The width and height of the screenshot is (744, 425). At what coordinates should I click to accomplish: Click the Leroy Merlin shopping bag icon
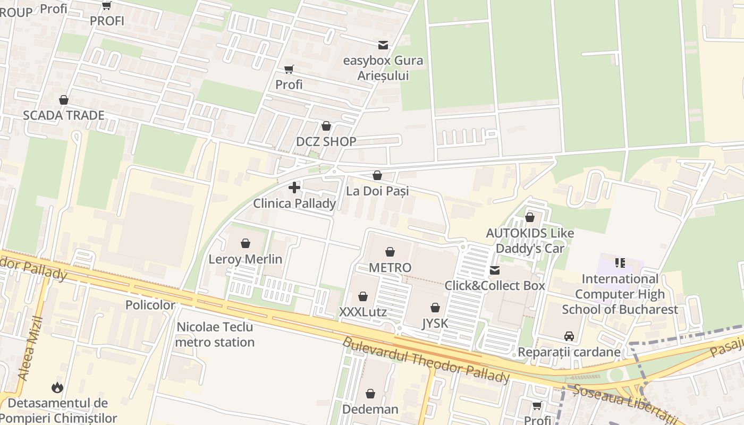[x=246, y=243]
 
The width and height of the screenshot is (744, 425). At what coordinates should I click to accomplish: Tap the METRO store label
[x=390, y=267]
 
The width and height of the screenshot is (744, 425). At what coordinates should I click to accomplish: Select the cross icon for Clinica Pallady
[x=294, y=188]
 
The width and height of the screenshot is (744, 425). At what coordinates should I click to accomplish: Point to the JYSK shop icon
[x=435, y=307]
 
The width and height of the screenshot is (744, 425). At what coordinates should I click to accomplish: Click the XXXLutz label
[x=363, y=312]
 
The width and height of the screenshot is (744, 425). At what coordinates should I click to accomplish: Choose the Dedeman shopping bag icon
[x=370, y=394]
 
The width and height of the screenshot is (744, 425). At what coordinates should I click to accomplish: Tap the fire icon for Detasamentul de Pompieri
[x=57, y=388]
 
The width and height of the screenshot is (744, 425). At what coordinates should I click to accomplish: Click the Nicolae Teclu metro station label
[x=215, y=334]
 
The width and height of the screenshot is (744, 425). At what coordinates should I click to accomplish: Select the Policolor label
[x=150, y=305]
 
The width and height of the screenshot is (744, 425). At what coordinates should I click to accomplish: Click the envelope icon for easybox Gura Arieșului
[x=383, y=45]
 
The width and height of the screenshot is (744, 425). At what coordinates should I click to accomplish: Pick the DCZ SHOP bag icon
[x=326, y=126]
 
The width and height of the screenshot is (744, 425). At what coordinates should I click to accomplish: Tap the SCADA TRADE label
[x=64, y=115]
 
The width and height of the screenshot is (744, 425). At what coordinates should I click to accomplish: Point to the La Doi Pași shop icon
[x=377, y=175]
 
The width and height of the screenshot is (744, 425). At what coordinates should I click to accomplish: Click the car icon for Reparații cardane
[x=569, y=336]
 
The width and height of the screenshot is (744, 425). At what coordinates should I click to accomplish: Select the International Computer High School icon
[x=620, y=262]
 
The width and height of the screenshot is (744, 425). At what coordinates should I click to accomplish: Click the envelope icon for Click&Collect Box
[x=495, y=270]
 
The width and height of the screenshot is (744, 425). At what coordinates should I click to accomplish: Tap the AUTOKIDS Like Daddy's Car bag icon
[x=530, y=217]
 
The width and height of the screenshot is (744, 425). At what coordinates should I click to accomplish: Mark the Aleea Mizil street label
[x=30, y=348]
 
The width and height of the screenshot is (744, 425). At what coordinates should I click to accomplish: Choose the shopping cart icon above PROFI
[x=107, y=5]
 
